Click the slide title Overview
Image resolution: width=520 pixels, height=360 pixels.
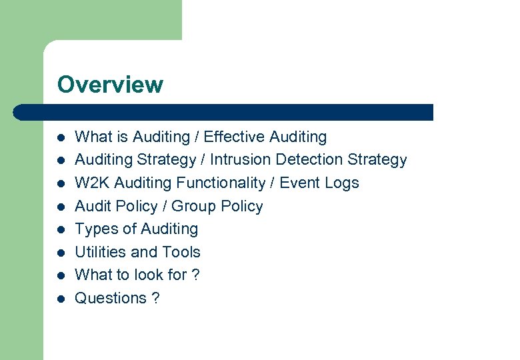click(x=110, y=85)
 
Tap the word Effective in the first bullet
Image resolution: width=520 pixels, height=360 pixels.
click(x=234, y=137)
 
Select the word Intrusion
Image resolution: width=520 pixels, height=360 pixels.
click(x=240, y=160)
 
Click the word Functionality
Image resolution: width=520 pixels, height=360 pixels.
click(x=223, y=183)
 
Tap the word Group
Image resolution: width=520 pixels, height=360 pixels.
click(x=194, y=206)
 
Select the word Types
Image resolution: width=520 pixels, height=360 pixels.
click(x=94, y=229)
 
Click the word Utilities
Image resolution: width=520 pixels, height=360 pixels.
click(x=101, y=252)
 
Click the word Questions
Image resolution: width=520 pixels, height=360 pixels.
click(x=111, y=298)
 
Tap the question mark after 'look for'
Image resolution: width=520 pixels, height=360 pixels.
click(x=195, y=275)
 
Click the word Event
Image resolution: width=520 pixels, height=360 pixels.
click(x=299, y=183)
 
